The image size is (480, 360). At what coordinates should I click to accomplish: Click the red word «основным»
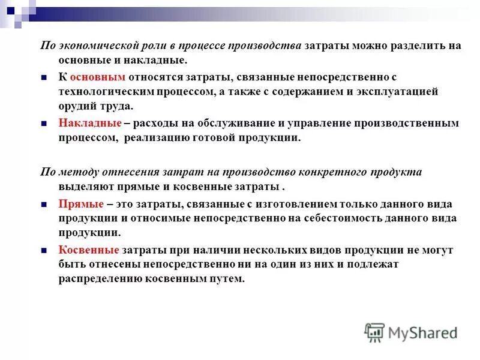click(x=97, y=77)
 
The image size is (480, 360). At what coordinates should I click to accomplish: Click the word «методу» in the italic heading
click(x=73, y=172)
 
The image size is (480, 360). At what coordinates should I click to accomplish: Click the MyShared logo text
click(x=422, y=332)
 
